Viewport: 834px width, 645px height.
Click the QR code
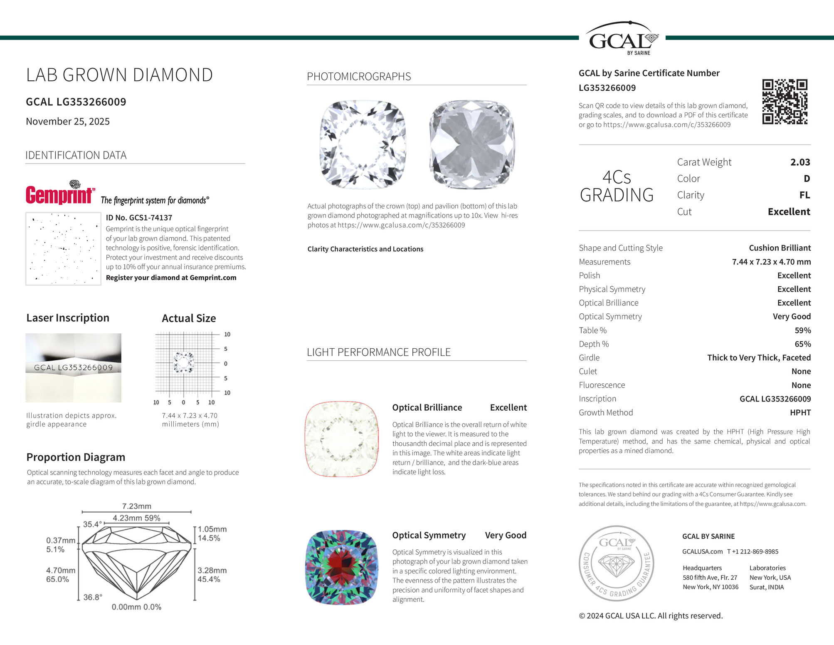[785, 102]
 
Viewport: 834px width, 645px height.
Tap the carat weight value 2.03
[800, 162]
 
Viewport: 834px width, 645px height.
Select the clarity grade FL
[804, 195]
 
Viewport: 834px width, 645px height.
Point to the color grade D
[807, 179]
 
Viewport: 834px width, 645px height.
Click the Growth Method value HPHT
[800, 412]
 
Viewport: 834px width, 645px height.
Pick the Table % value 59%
[802, 330]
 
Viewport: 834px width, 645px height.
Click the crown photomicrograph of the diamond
[363, 144]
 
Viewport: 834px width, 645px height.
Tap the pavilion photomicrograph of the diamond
[472, 144]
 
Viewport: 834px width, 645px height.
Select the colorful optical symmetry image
[342, 567]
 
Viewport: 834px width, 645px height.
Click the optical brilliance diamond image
[342, 439]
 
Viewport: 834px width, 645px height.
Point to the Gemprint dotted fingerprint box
[63, 249]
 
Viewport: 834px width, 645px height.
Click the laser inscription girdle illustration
[73, 367]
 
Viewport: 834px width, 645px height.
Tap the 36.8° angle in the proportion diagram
[93, 597]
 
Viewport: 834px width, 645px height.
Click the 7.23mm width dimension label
[136, 506]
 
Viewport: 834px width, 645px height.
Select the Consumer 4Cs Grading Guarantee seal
[617, 563]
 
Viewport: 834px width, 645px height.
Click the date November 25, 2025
[68, 122]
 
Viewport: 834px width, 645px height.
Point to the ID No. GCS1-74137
[139, 218]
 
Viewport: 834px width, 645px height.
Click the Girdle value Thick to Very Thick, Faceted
[759, 358]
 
